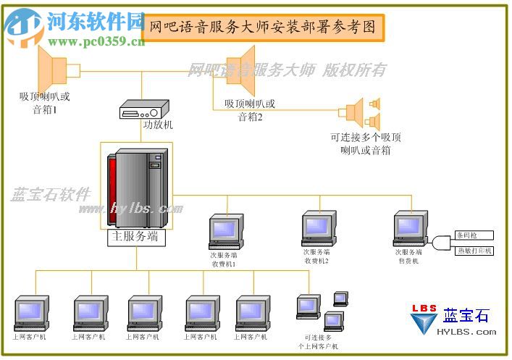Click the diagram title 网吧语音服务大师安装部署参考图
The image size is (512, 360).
click(x=262, y=28)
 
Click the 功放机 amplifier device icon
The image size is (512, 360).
click(x=143, y=110)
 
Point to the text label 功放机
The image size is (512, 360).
click(x=158, y=125)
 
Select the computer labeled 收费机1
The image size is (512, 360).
click(x=224, y=233)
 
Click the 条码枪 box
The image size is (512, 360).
click(x=474, y=235)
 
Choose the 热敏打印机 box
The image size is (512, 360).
click(x=474, y=251)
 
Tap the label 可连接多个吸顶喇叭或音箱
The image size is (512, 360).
click(x=366, y=143)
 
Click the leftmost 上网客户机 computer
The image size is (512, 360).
click(x=30, y=314)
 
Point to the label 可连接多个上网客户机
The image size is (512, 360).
click(x=319, y=342)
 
